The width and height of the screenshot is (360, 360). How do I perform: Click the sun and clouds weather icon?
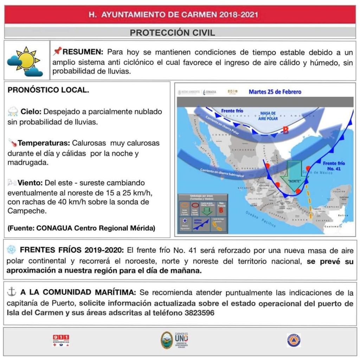[25, 62]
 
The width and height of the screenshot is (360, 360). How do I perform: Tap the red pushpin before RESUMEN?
[57, 52]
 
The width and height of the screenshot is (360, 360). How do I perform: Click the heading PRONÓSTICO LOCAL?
[48, 90]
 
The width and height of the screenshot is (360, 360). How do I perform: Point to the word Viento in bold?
[30, 183]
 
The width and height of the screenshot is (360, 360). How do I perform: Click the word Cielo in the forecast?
[31, 112]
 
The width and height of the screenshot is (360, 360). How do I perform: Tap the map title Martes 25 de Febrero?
[275, 92]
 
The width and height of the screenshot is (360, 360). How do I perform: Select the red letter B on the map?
[286, 130]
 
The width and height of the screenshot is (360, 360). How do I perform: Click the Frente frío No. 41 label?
[334, 166]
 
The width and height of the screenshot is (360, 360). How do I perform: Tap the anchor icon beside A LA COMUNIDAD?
[12, 292]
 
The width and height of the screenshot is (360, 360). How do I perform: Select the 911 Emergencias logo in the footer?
[60, 340]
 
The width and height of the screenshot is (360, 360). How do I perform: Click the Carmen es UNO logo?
[174, 340]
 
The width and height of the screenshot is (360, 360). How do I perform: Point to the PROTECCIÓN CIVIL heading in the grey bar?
[172, 33]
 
